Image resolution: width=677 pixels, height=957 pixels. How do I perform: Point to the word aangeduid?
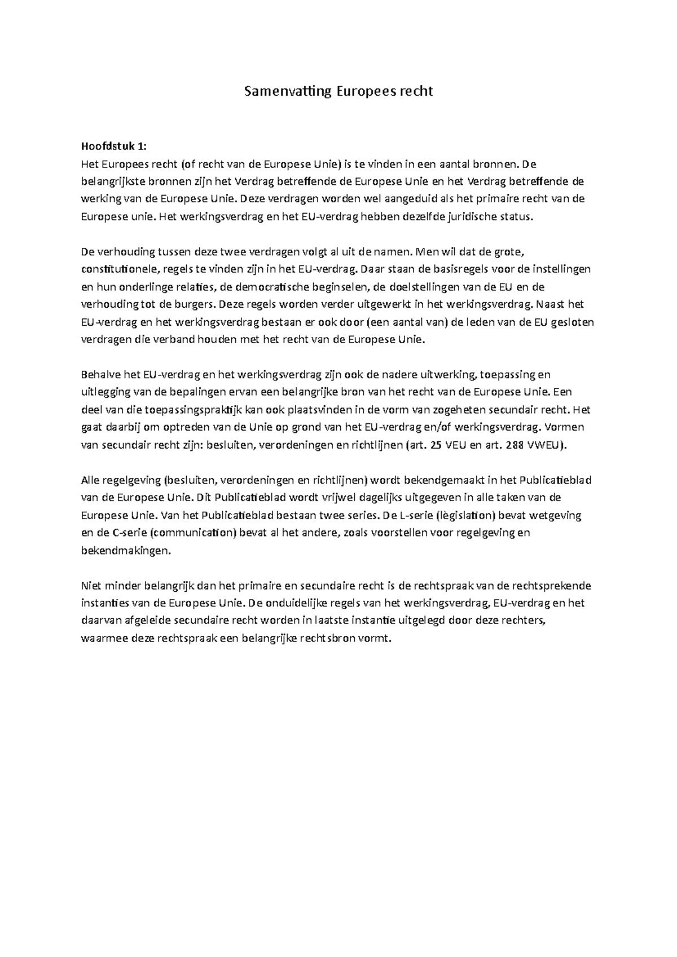414,198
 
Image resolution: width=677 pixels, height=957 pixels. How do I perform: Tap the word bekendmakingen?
125,551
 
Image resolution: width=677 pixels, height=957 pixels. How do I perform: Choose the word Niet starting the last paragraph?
90,586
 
